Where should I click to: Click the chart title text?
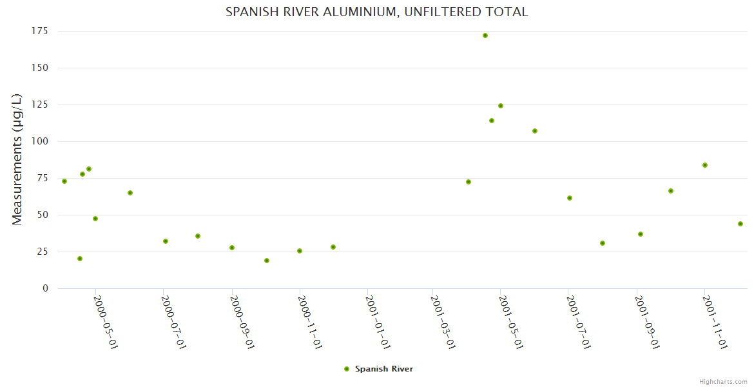coord(376,12)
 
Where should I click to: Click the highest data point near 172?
coord(485,35)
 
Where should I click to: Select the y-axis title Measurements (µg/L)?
coord(17,159)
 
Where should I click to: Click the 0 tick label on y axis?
coord(45,288)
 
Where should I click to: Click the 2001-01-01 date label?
coord(377,322)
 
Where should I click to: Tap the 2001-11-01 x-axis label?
coord(715,322)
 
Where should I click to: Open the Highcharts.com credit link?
coord(723,381)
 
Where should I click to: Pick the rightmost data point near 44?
coord(740,224)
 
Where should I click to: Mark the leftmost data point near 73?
coord(64,181)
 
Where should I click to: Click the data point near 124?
coord(501,106)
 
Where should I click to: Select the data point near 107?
coord(535,131)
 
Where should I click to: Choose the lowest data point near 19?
coord(267,261)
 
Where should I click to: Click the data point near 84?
coord(705,165)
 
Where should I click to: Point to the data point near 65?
coord(130,193)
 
